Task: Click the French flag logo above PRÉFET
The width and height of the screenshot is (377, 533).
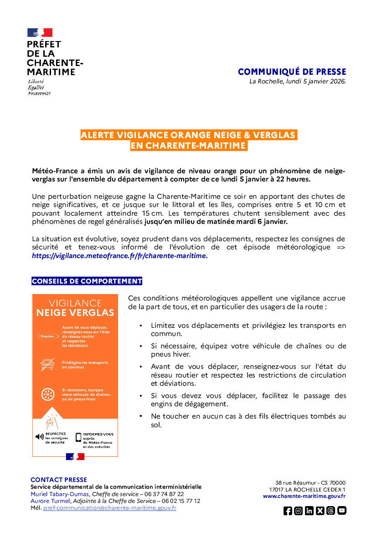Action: coord(40,32)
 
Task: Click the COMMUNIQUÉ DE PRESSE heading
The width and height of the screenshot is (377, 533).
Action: coord(292,72)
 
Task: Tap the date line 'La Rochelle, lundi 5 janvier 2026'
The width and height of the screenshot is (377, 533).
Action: coord(297,82)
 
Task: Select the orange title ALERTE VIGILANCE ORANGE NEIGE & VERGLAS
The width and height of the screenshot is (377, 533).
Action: coord(188,135)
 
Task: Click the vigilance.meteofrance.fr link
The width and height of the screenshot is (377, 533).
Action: coord(119,256)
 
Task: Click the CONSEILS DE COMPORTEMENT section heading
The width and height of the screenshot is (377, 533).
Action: coord(87,281)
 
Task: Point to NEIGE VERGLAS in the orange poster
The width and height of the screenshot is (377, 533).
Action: coord(75,312)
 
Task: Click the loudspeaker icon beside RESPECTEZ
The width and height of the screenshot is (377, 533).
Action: coord(40,437)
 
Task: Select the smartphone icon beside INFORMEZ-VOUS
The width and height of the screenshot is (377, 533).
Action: coord(78,437)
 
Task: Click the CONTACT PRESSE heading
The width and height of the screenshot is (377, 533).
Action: coord(58,480)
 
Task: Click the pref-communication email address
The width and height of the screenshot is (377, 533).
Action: coord(110,507)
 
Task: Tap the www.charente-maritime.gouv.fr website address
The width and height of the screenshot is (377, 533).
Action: coord(304,496)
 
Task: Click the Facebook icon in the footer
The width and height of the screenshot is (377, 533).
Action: coord(288,511)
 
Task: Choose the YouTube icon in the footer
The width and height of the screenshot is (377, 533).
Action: coord(342,511)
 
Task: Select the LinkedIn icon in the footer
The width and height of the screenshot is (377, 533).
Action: coord(309,511)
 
